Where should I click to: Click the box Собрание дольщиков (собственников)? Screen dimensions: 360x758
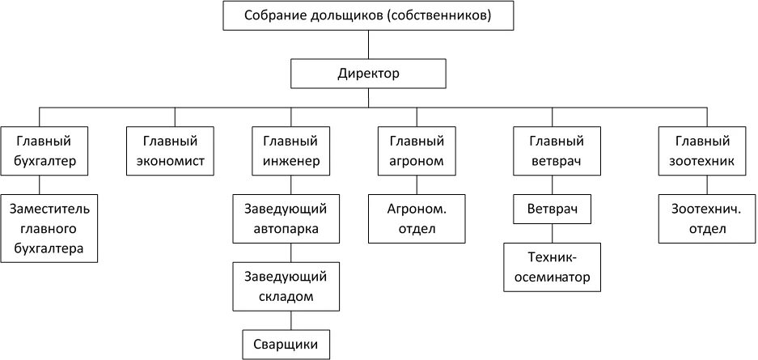tap(368, 15)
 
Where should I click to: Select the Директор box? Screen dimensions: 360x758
tap(368, 74)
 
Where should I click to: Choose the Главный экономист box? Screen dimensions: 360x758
tap(170, 150)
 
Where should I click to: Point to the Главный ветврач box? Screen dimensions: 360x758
tap(552, 150)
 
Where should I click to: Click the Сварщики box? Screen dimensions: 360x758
tap(286, 344)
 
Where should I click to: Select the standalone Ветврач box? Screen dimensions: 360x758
tap(552, 210)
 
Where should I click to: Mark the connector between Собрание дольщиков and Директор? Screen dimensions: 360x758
tap(368, 44)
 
